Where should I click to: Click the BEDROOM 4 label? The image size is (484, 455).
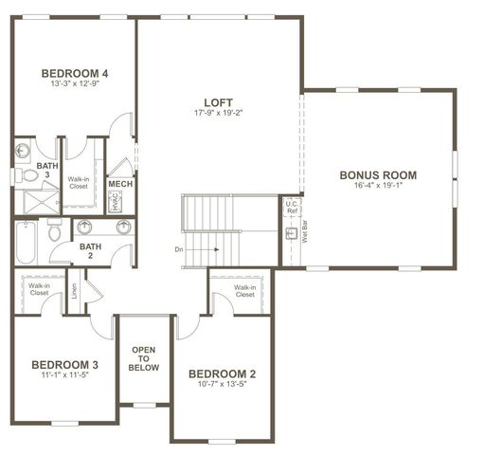tap(74, 72)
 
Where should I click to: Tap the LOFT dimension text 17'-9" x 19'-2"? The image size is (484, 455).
tap(219, 114)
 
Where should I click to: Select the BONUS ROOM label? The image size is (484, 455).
tap(379, 175)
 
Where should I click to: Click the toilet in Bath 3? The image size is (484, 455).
tap(26, 175)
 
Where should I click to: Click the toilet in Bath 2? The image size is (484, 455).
tap(55, 230)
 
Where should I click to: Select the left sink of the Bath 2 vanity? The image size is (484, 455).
tap(86, 227)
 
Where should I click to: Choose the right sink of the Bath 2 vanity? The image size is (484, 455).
tap(123, 227)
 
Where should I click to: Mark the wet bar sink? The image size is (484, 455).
tap(291, 232)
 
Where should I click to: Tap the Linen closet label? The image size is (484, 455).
tap(74, 293)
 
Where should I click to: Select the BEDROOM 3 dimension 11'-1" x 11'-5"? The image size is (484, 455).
tap(64, 375)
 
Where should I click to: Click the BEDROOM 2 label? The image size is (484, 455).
tap(223, 373)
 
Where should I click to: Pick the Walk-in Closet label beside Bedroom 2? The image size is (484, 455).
tap(244, 291)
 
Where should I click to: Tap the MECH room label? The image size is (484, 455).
tap(120, 184)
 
